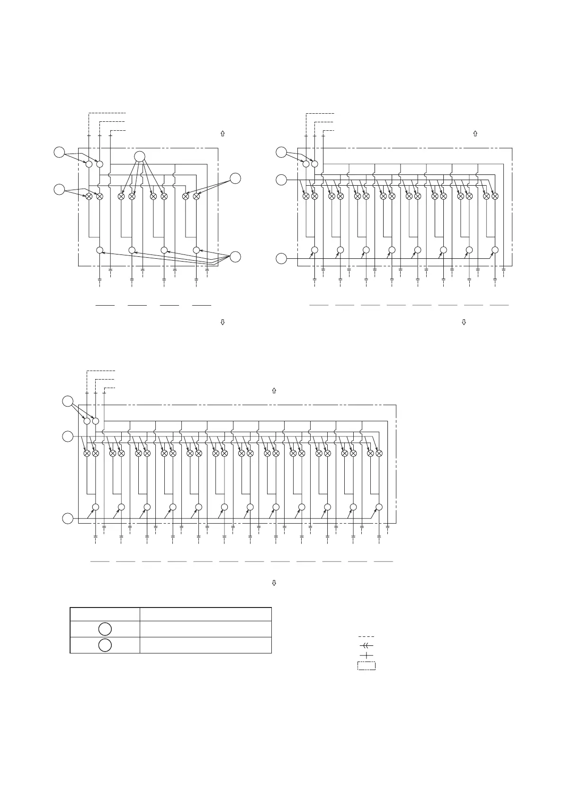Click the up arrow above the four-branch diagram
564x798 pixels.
(x=223, y=134)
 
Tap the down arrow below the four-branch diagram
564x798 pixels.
(x=223, y=322)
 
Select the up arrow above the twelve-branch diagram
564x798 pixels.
(x=274, y=391)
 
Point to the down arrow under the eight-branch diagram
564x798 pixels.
(x=464, y=322)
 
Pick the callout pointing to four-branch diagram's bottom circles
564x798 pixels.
(x=235, y=257)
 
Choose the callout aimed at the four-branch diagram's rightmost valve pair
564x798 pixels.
(x=235, y=179)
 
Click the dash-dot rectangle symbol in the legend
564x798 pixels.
(x=366, y=666)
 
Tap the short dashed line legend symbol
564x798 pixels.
(x=366, y=636)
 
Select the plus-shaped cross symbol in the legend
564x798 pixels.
(x=366, y=655)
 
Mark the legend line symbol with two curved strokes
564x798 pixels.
(x=366, y=645)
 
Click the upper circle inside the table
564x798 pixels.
(x=105, y=629)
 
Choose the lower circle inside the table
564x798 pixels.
(x=105, y=645)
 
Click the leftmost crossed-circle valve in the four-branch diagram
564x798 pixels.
(x=89, y=196)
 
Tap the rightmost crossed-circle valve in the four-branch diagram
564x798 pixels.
(x=197, y=196)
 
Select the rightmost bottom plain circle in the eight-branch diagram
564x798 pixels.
(x=495, y=250)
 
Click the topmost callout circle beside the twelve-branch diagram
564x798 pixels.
(x=68, y=401)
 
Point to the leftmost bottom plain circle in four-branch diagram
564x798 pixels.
(x=100, y=250)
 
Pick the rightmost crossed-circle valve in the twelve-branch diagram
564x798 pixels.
(x=379, y=453)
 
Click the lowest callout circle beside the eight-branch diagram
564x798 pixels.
(x=281, y=259)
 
